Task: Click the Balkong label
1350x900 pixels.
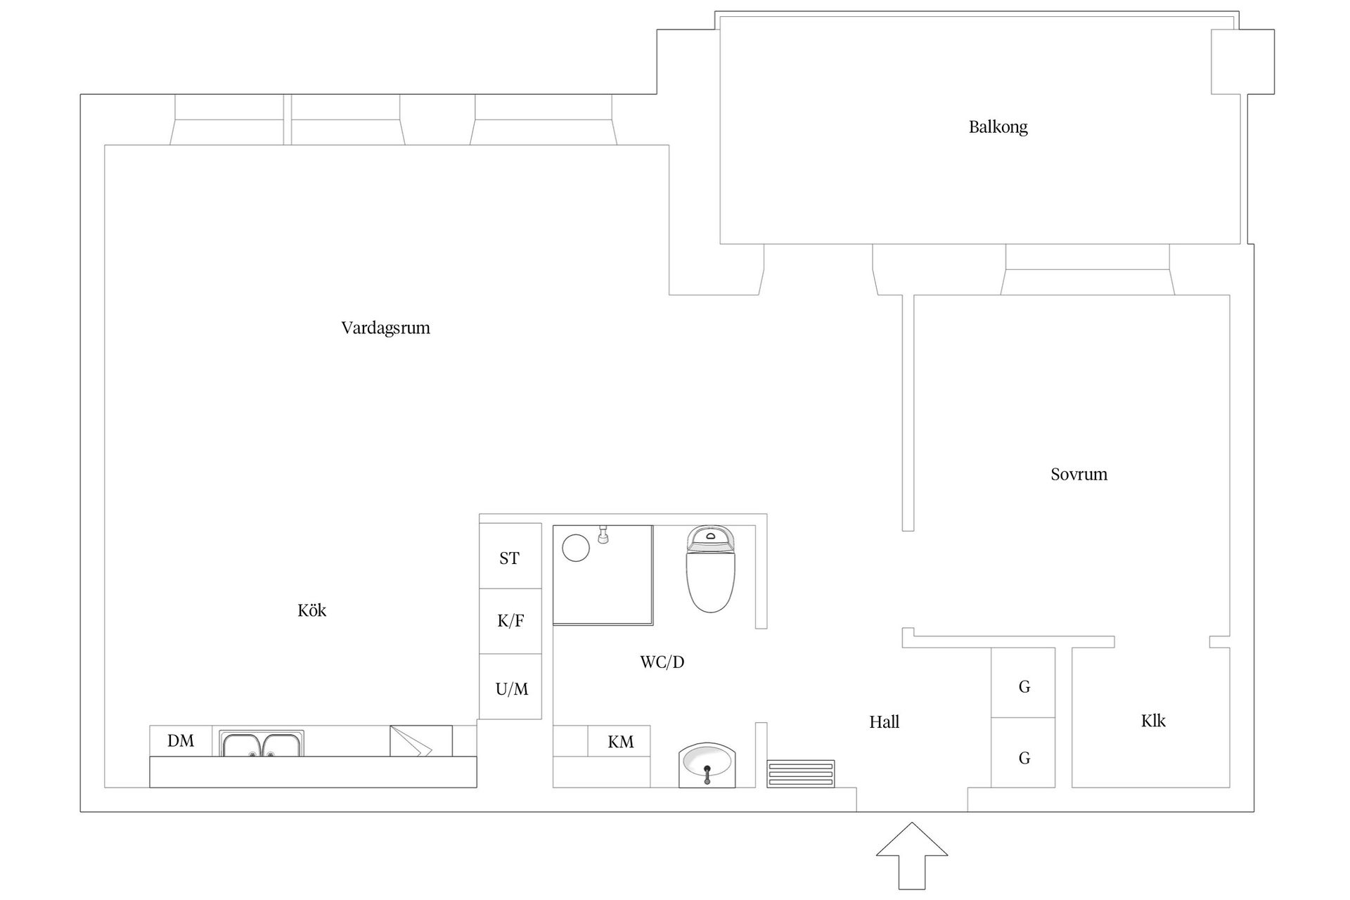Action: point(998,127)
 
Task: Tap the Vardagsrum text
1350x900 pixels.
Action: point(385,328)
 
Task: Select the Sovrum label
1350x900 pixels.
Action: point(1079,475)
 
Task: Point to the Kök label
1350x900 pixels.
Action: point(311,610)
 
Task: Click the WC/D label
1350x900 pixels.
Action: point(662,662)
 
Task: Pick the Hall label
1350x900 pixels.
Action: point(884,722)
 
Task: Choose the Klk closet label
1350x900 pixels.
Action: point(1153,721)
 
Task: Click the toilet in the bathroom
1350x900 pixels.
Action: point(711,570)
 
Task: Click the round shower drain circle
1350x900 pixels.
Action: point(576,547)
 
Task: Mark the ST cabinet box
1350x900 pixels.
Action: point(510,558)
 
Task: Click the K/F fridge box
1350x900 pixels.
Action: point(510,621)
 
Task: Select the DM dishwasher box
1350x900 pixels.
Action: point(181,741)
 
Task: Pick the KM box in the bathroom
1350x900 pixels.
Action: point(619,742)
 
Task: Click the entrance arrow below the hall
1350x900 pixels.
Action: point(912,854)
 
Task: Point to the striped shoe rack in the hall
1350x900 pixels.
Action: point(800,773)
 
